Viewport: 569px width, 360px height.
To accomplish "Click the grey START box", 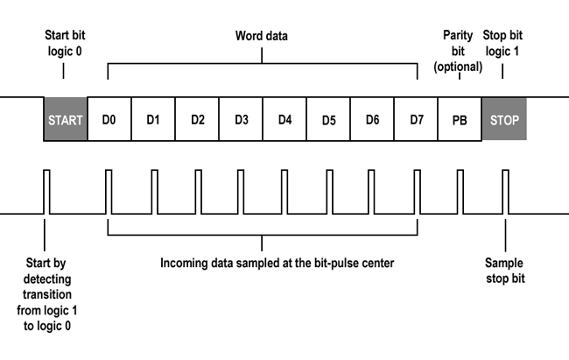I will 66,119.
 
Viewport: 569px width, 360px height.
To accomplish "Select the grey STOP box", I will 504,119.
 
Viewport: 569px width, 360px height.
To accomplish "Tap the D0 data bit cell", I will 109,119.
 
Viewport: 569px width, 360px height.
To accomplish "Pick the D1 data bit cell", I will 153,119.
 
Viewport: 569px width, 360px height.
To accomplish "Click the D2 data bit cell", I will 197,119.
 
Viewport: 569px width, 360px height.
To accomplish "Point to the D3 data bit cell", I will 241,119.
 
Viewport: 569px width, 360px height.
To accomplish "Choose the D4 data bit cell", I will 284,119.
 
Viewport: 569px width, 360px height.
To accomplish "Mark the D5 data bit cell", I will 328,119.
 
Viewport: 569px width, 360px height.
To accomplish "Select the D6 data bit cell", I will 372,119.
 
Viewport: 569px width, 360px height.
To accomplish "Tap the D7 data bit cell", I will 416,119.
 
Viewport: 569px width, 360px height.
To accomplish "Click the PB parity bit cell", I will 460,119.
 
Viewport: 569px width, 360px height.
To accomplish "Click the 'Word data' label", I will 262,36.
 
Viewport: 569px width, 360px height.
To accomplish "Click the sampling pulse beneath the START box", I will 46,191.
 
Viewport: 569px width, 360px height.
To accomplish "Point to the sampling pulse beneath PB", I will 460,191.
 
